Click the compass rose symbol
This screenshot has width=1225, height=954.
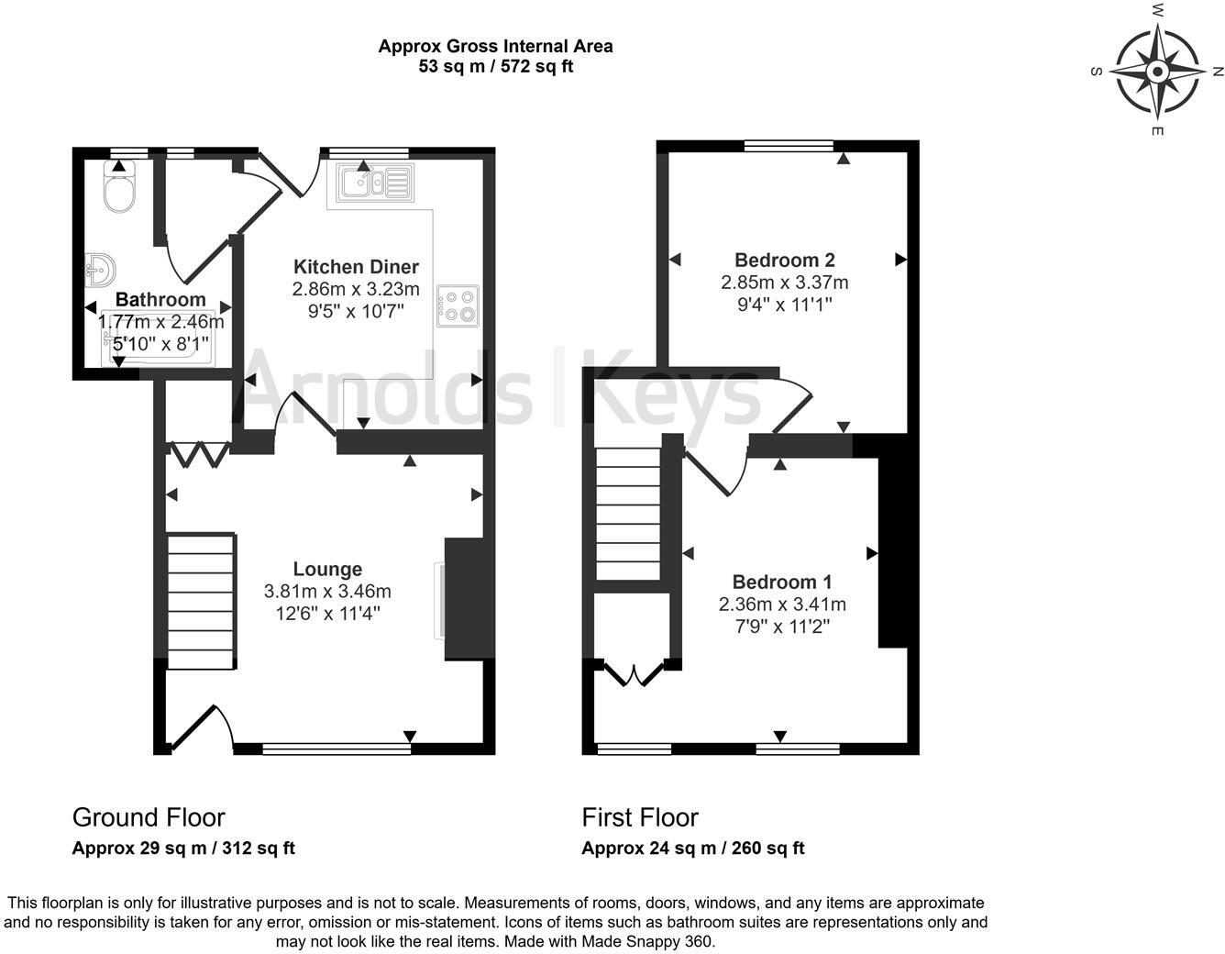point(1157,72)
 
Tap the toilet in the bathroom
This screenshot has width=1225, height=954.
point(119,189)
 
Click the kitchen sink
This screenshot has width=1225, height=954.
point(375,183)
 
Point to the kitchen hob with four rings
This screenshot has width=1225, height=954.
point(458,306)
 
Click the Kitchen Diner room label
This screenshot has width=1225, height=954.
point(356,267)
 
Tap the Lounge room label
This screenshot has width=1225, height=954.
point(327,569)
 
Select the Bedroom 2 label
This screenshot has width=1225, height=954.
point(784,261)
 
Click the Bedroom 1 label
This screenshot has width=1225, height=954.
point(781,582)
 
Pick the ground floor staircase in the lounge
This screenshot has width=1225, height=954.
point(201,601)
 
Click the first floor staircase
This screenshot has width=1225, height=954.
point(628,514)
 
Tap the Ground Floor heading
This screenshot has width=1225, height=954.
point(149,817)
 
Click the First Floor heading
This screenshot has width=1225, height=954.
point(640,817)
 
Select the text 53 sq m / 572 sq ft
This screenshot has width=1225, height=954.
point(495,66)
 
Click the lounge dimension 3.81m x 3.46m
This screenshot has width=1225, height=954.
point(327,592)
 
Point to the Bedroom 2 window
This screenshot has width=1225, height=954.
point(789,145)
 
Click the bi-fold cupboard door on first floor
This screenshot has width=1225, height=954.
point(635,674)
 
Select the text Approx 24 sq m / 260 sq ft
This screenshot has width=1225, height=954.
point(692,849)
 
